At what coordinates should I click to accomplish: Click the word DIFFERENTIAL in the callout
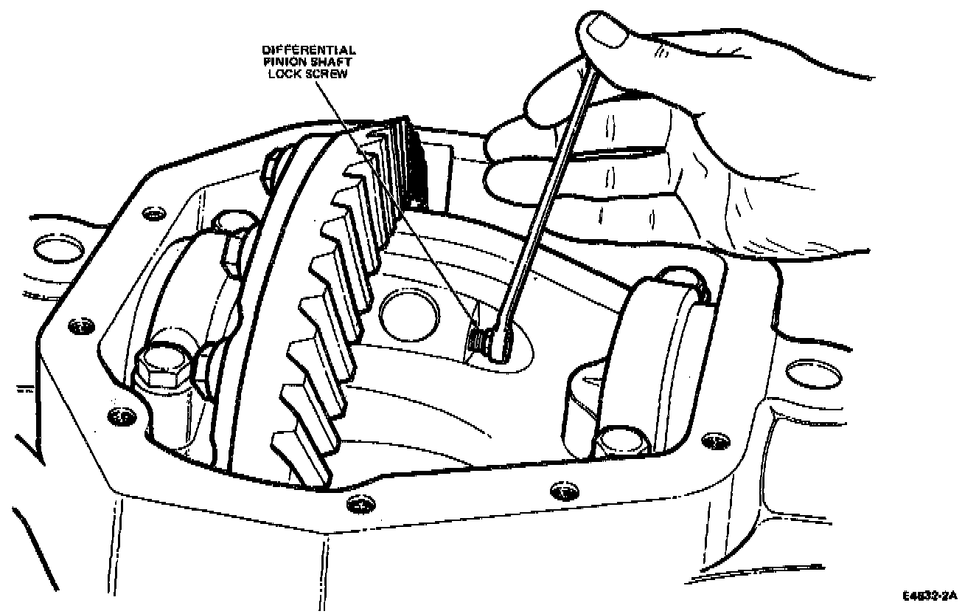(310, 50)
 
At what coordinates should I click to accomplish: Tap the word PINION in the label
(283, 63)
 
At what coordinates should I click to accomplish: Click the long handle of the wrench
(546, 192)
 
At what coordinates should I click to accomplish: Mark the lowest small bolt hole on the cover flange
(358, 504)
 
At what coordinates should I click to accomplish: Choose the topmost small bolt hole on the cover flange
(153, 213)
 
